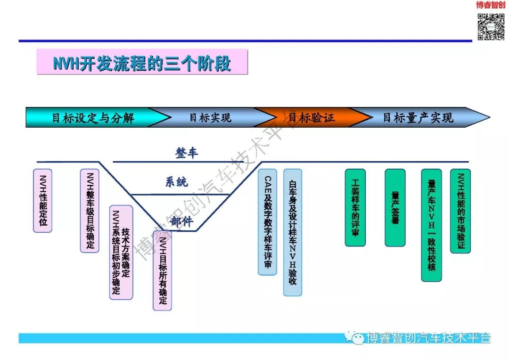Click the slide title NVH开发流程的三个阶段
coord(142,63)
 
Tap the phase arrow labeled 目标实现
coord(210,117)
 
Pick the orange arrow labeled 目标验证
coord(311,117)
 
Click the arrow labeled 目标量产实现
coord(418,117)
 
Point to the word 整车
coord(187,153)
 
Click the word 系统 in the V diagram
coord(176,181)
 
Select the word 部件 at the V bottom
coord(181,221)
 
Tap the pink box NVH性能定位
coord(43,200)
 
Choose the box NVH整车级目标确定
coord(90,211)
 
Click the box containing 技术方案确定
coord(121,252)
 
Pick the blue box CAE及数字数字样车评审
coord(267,222)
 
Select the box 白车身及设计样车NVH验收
coord(292,232)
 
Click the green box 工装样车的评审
coord(355,207)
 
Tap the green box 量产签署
coord(395,207)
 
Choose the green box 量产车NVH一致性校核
coord(431,225)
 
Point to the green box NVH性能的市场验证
coord(460,211)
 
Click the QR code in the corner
coord(491,26)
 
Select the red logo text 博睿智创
coord(490,5)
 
